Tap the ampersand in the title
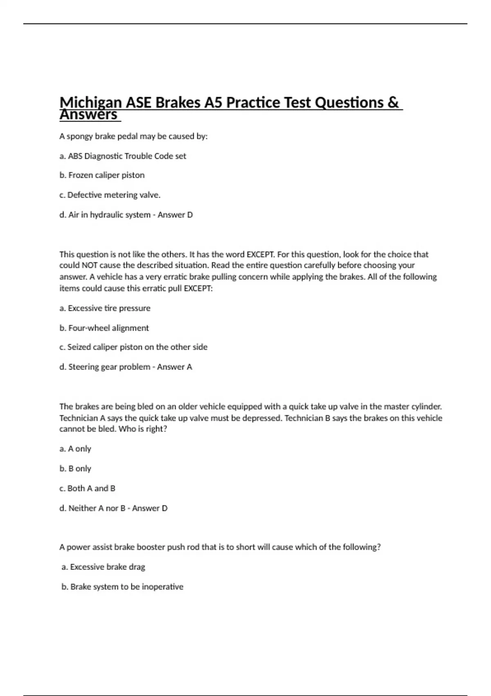392,102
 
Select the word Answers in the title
88,115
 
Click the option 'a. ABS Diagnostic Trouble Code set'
123,156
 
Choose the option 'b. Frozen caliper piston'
102,175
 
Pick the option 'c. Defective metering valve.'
110,195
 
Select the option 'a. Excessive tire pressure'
105,308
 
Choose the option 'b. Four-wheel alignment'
104,328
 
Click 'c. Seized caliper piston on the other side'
133,347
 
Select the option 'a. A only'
75,449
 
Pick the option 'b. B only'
75,468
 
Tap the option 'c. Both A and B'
87,488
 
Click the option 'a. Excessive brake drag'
104,567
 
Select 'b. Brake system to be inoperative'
122,587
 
